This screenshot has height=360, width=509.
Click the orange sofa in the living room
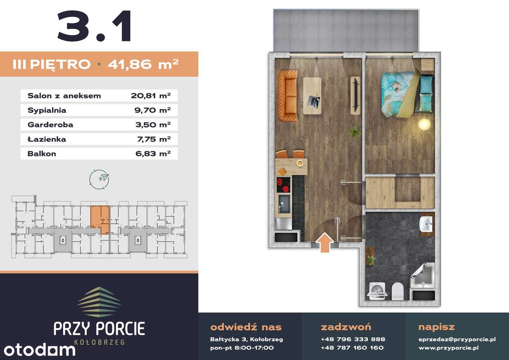click(288, 96)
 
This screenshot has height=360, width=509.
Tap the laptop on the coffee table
click(314, 101)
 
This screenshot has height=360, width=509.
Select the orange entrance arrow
click(325, 243)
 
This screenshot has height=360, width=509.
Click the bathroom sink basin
click(426, 224)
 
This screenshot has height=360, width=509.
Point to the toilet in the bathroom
click(397, 291)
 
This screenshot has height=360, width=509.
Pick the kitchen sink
click(284, 204)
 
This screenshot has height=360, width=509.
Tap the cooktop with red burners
click(284, 185)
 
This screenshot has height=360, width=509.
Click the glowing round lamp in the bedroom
click(424, 124)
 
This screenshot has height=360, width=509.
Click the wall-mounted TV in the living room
click(356, 95)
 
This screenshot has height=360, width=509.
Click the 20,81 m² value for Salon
click(151, 96)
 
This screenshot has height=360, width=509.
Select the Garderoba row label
click(51, 125)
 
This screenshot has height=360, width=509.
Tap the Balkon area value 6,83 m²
click(153, 154)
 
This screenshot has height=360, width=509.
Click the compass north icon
click(99, 179)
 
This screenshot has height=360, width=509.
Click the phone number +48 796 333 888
click(353, 339)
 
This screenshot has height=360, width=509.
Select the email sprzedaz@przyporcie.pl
click(457, 339)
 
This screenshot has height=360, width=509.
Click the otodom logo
click(39, 350)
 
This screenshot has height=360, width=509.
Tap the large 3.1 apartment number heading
click(95, 26)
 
